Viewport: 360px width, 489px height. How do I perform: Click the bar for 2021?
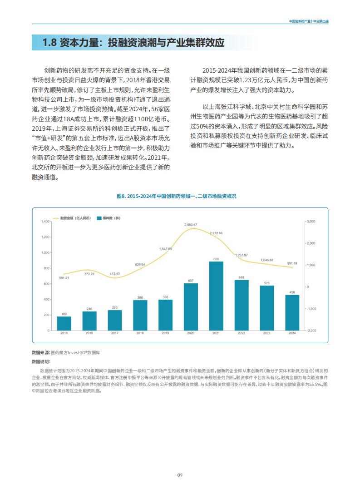tap(216, 296)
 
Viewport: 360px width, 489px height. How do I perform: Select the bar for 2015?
tap(64, 323)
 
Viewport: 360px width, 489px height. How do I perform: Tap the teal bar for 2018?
tap(140, 315)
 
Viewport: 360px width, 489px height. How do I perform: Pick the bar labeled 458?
tap(292, 312)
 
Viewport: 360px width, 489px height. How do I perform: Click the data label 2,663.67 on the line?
tap(191, 225)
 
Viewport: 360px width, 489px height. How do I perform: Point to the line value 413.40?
tap(115, 274)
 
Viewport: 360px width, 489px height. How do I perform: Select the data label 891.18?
tap(292, 263)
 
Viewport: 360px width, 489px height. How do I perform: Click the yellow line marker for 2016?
tap(89, 270)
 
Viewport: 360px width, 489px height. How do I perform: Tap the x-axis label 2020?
tap(191, 333)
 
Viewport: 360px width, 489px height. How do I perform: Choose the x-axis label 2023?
tap(267, 333)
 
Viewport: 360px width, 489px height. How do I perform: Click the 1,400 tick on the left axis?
tap(45, 222)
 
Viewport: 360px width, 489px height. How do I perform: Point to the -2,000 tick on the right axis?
tap(311, 331)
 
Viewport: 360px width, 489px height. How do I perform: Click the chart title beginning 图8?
tap(177, 196)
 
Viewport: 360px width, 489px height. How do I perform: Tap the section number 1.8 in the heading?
tap(49, 42)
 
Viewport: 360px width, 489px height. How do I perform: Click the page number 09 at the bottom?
tap(180, 475)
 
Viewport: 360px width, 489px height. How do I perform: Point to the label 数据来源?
tap(41, 352)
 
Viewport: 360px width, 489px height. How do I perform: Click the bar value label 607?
tap(191, 281)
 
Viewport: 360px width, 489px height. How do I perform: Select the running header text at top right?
tap(309, 21)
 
